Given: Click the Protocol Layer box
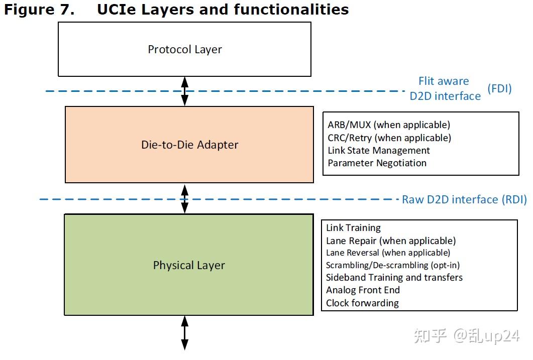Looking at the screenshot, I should pos(184,49).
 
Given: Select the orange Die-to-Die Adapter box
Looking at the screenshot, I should pos(189,145).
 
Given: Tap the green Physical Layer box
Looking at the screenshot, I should pos(188,265).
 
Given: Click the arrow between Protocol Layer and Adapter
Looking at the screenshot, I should pos(184,91).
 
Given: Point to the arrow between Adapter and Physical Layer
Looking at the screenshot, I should pos(184,199).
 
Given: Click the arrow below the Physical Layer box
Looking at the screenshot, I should pos(184,332).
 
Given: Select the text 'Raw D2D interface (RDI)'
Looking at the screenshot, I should pos(464,199).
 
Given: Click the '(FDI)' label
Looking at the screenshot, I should pos(499,89).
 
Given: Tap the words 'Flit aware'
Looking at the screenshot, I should pos(444,81).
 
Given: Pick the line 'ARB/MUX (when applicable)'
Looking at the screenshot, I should pos(389,125).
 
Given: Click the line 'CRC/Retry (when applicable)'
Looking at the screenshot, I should pos(389,138).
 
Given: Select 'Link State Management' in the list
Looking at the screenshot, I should pos(379,150).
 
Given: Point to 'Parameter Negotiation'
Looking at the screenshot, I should pos(377,163).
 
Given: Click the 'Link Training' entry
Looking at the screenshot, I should pos(353,228).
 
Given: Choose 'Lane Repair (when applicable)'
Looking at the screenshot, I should pos(391,241).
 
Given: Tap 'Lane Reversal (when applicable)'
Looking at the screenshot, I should pos(388,253).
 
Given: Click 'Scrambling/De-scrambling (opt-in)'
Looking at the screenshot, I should pos(392,265).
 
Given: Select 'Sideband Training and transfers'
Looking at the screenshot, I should pos(394,277).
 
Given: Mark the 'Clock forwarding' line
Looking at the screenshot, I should pos(362,303).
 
